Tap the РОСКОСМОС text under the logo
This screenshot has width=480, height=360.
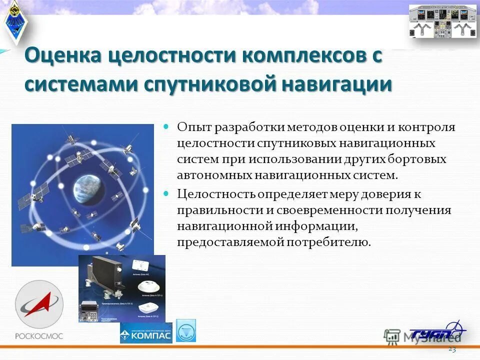(x=38, y=336)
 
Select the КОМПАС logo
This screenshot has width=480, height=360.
(x=146, y=333)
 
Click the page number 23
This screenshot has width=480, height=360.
(x=452, y=349)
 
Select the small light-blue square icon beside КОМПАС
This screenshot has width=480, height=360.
(x=186, y=330)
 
